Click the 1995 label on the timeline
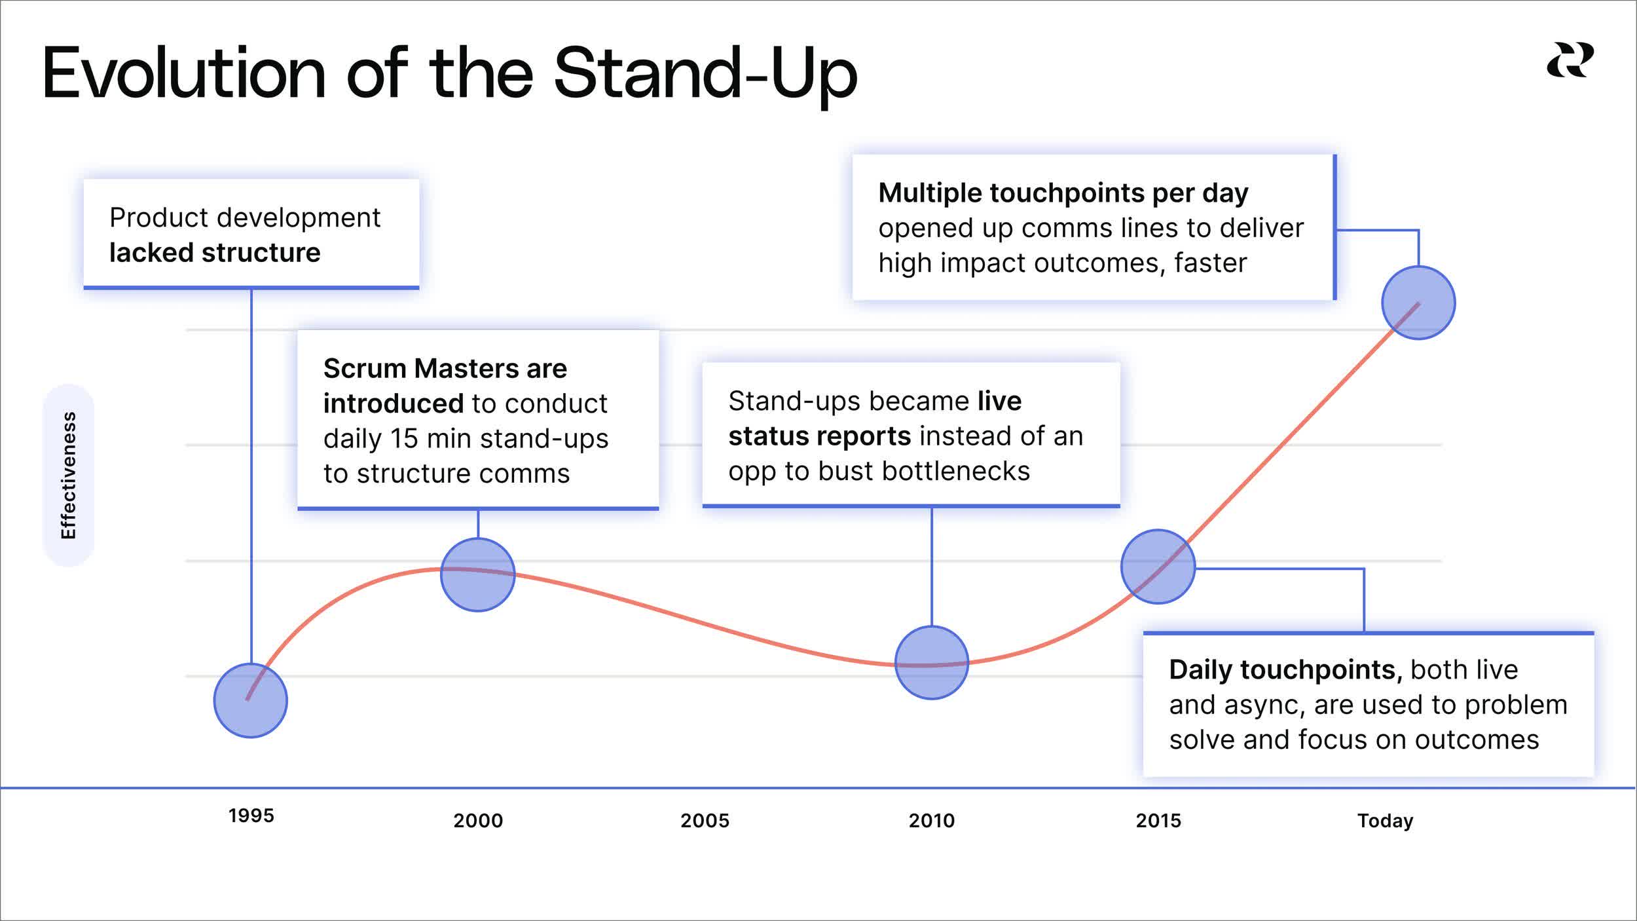(x=251, y=816)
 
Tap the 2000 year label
(x=478, y=820)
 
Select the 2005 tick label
(x=705, y=820)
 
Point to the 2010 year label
(x=931, y=820)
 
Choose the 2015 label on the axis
(x=1158, y=820)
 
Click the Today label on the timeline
(x=1385, y=820)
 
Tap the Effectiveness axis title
(x=68, y=475)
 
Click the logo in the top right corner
(x=1570, y=60)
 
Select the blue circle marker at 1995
(x=250, y=700)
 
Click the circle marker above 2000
(x=478, y=574)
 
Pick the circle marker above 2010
(x=931, y=662)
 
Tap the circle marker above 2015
(x=1158, y=566)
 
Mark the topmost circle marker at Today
(x=1418, y=303)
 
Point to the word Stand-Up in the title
(x=705, y=73)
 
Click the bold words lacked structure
(x=215, y=252)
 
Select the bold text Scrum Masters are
(x=445, y=368)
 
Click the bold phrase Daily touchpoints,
(x=1285, y=669)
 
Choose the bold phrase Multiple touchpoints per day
(x=1063, y=193)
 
